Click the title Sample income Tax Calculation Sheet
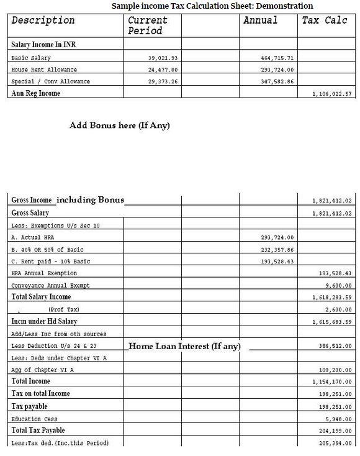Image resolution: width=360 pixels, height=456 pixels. tap(212, 6)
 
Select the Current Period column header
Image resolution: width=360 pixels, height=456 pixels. tap(147, 25)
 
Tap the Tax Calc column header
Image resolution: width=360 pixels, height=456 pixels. tap(324, 21)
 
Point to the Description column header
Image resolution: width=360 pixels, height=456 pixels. tap(43, 21)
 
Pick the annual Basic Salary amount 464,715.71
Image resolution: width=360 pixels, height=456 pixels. tap(277, 58)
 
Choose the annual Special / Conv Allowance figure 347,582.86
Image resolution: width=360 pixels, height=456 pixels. tap(277, 81)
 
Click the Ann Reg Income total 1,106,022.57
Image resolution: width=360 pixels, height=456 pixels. tap(332, 94)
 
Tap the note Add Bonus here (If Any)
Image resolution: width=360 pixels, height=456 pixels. tap(119, 125)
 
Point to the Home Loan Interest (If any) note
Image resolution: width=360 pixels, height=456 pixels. tap(184, 346)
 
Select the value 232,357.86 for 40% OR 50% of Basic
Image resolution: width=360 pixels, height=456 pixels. tap(277, 249)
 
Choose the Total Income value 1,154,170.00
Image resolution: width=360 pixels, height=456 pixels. tap(332, 382)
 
